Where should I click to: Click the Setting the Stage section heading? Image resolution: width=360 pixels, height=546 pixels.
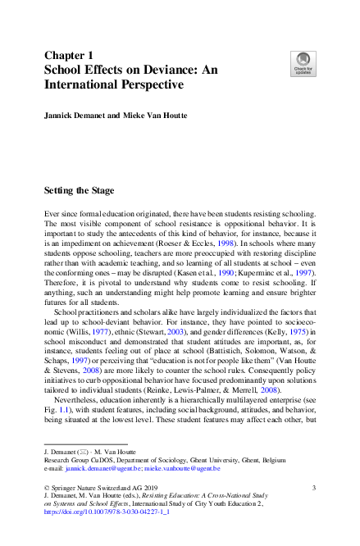coord(81,190)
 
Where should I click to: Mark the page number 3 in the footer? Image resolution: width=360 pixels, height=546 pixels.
coord(314,488)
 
